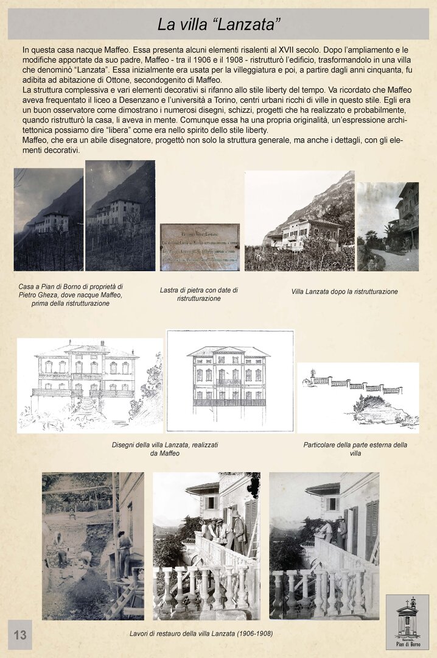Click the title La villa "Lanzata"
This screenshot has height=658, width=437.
click(218, 24)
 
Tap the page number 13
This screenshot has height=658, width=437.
click(20, 635)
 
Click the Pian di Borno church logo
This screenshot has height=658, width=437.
click(407, 621)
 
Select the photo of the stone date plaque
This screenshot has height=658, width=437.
click(200, 247)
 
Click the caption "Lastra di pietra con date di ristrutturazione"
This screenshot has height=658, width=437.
click(198, 294)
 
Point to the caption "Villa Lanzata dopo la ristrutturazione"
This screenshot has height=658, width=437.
click(344, 292)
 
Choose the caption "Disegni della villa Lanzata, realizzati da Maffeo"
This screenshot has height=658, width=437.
click(165, 449)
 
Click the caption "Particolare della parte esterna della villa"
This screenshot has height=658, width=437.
click(355, 449)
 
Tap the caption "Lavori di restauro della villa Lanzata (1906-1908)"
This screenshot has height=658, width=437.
click(201, 634)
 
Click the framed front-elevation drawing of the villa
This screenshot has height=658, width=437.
click(230, 381)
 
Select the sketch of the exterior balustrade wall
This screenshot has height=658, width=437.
click(358, 397)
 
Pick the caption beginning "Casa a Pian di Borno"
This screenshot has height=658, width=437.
click(71, 295)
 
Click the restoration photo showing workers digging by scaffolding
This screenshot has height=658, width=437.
click(93, 545)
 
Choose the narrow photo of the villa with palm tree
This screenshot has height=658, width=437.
click(388, 226)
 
